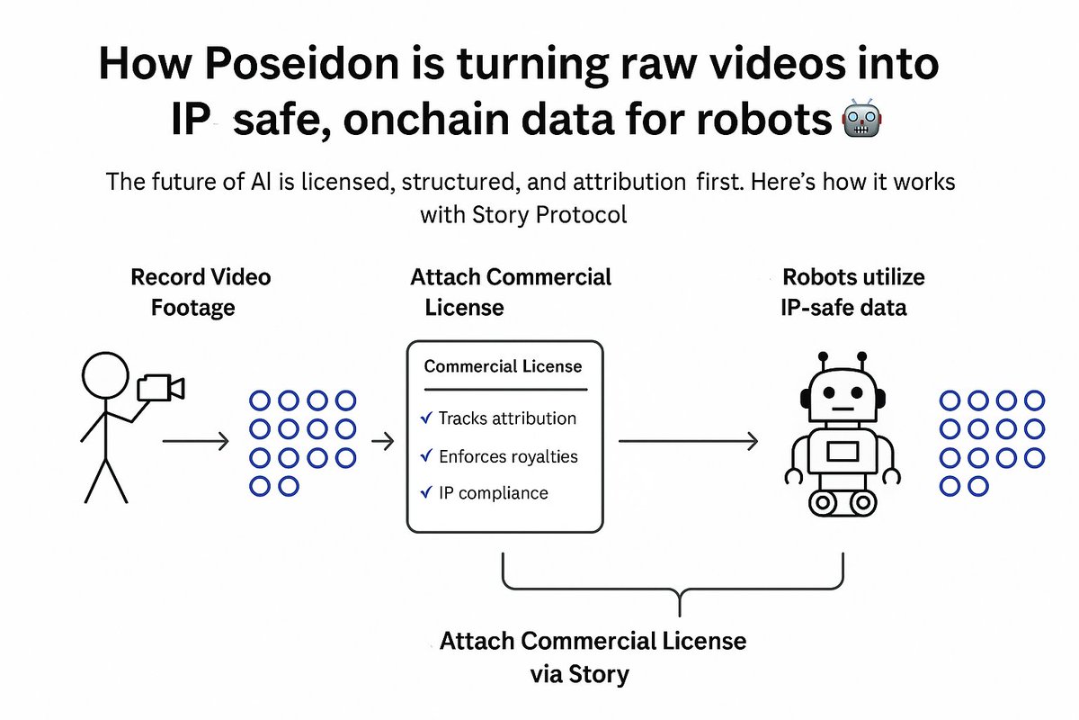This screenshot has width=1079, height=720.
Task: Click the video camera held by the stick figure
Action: coord(159,388)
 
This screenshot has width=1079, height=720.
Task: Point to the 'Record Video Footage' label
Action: coord(200,292)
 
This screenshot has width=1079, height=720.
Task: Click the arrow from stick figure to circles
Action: coord(197,441)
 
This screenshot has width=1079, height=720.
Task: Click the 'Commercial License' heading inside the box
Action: coord(503,366)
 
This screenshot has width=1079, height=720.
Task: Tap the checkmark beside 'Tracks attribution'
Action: coord(426,418)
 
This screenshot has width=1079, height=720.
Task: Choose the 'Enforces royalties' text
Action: coord(508,456)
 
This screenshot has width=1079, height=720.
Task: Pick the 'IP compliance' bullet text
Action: coord(493,493)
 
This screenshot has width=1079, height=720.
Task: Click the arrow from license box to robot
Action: coord(688,441)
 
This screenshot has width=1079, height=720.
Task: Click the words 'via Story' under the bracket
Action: coord(578,674)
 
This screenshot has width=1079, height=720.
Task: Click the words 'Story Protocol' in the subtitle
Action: coord(523,216)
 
